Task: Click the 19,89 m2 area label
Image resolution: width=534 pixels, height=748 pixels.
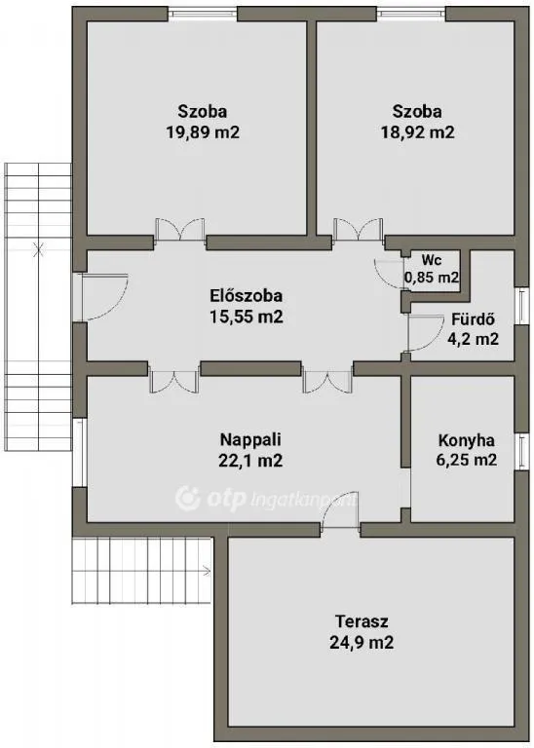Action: (203, 133)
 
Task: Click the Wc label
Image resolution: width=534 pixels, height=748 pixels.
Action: (432, 260)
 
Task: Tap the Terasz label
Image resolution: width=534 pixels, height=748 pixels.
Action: (362, 621)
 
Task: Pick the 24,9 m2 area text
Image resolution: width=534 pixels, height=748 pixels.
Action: (362, 642)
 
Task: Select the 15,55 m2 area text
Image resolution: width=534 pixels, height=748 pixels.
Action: (246, 318)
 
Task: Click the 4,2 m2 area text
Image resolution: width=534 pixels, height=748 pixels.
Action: (475, 340)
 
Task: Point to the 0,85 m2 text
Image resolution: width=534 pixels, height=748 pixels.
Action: (432, 279)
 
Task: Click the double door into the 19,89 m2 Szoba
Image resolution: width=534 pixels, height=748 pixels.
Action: (180, 231)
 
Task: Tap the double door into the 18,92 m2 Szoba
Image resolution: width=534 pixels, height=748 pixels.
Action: (359, 231)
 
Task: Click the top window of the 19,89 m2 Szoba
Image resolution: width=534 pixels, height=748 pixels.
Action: (204, 14)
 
